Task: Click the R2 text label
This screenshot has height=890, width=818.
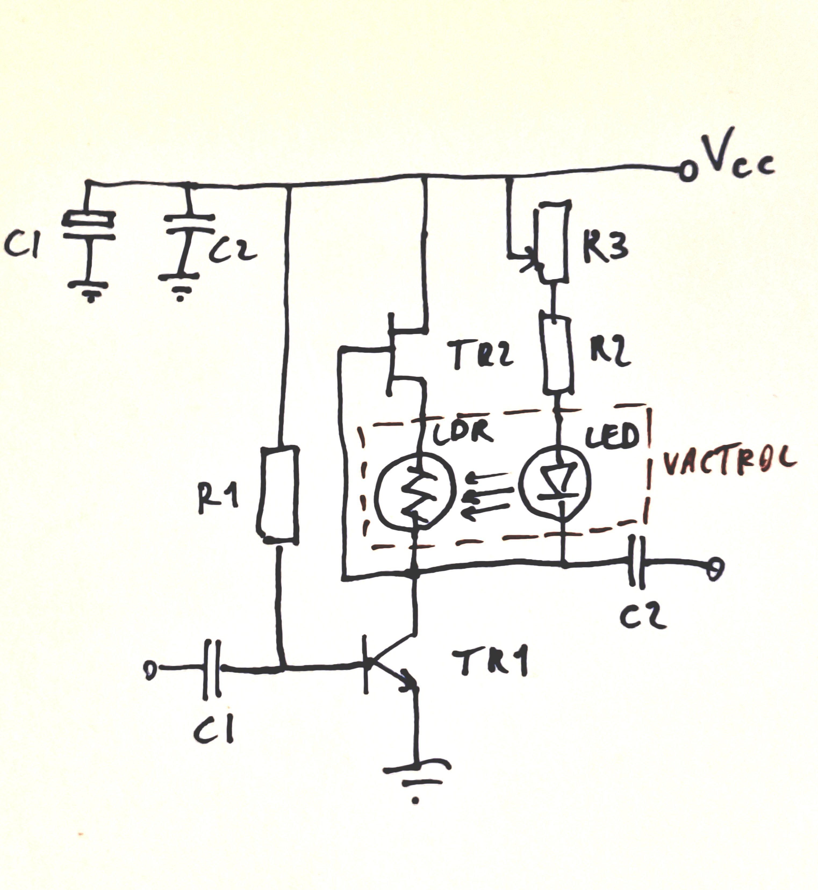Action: (x=610, y=352)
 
